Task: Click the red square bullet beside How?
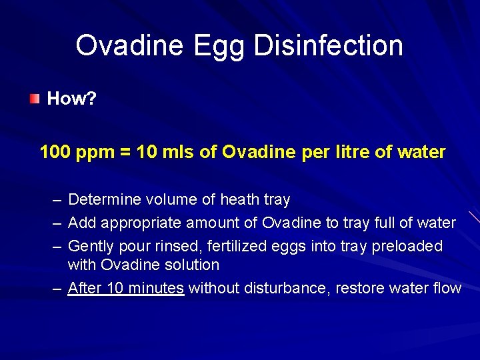(x=34, y=99)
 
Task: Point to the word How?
(x=72, y=99)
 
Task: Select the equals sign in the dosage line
(x=125, y=153)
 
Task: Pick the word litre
(x=344, y=152)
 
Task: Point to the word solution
(x=193, y=265)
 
